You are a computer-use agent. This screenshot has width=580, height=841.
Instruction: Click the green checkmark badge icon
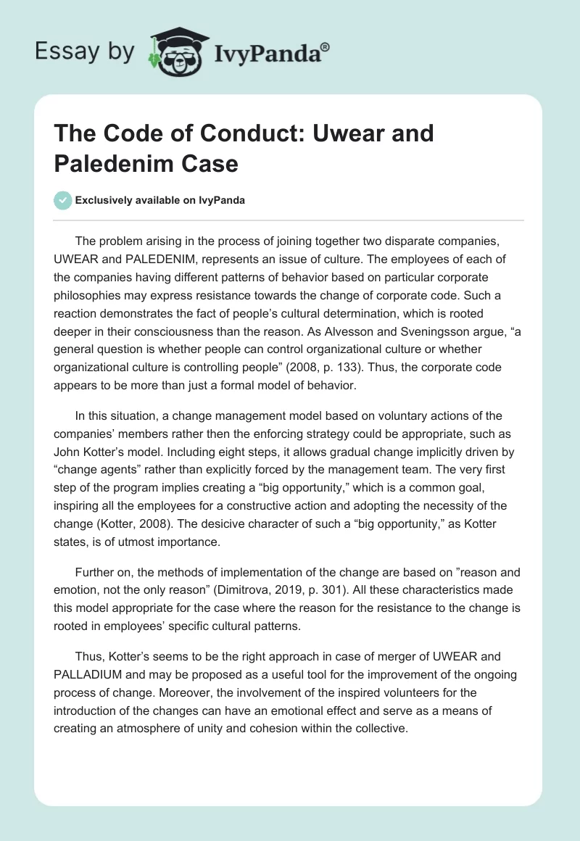coord(64,200)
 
